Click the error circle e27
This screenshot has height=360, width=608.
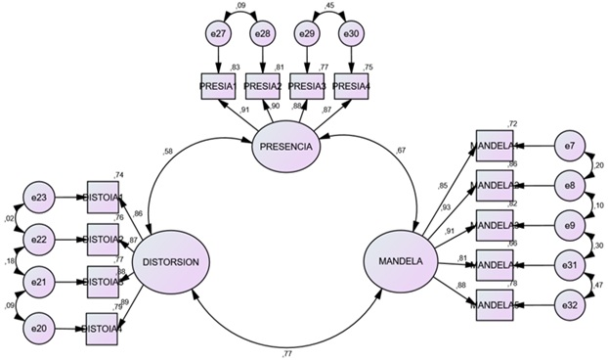click(218, 35)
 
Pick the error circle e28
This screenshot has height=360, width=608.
click(262, 35)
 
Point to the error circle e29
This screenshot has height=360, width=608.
click(306, 35)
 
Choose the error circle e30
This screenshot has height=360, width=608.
click(350, 35)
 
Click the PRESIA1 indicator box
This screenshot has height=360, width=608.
click(218, 85)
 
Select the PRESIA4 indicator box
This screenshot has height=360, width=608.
click(351, 85)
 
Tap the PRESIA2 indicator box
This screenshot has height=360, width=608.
click(262, 85)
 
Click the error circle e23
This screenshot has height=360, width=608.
click(40, 197)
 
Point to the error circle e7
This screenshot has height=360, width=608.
click(571, 146)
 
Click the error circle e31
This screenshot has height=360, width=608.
click(571, 265)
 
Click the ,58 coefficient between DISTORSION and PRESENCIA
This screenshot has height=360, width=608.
click(169, 151)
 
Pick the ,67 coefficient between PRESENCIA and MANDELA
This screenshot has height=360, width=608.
click(401, 150)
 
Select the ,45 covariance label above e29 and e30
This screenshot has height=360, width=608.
click(328, 7)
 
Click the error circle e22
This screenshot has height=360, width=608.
click(40, 238)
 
